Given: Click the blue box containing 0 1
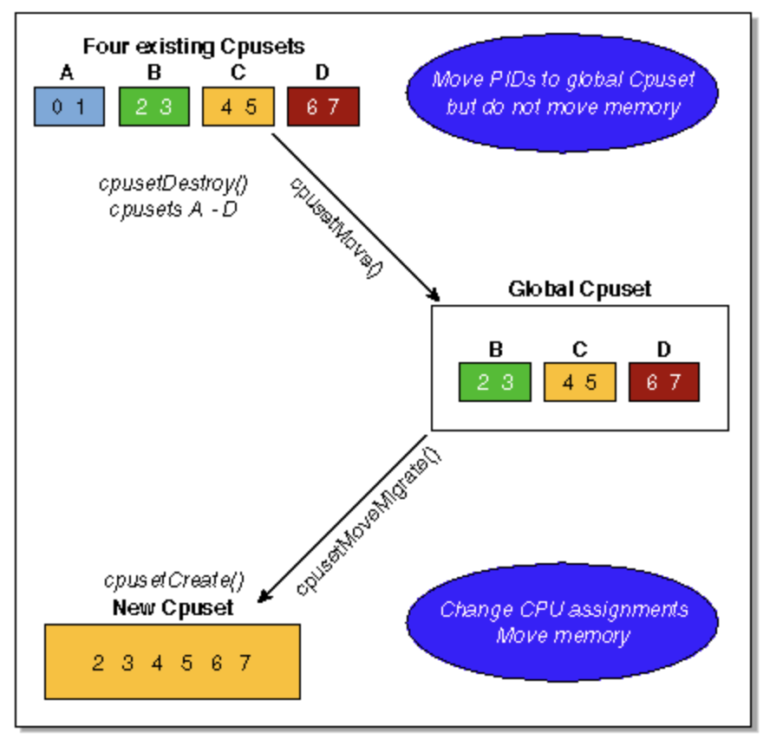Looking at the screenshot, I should [69, 107].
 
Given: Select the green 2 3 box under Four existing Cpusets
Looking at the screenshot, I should [153, 107].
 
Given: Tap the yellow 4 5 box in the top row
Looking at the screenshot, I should [238, 107].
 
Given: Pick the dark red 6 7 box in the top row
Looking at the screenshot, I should [323, 107].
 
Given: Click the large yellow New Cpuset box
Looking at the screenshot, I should [173, 662].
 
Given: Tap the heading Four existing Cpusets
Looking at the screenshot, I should [193, 45].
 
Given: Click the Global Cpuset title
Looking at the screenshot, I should [579, 288].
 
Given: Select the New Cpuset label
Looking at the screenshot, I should [173, 608].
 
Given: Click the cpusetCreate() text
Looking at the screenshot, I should [173, 580].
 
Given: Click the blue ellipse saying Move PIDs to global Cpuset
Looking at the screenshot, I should [562, 93].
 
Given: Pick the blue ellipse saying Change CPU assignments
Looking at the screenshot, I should [563, 622].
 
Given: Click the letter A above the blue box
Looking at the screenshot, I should [68, 74].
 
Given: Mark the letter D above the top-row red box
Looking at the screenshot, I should [322, 74].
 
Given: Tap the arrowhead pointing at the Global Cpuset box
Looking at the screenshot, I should [434, 295].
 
